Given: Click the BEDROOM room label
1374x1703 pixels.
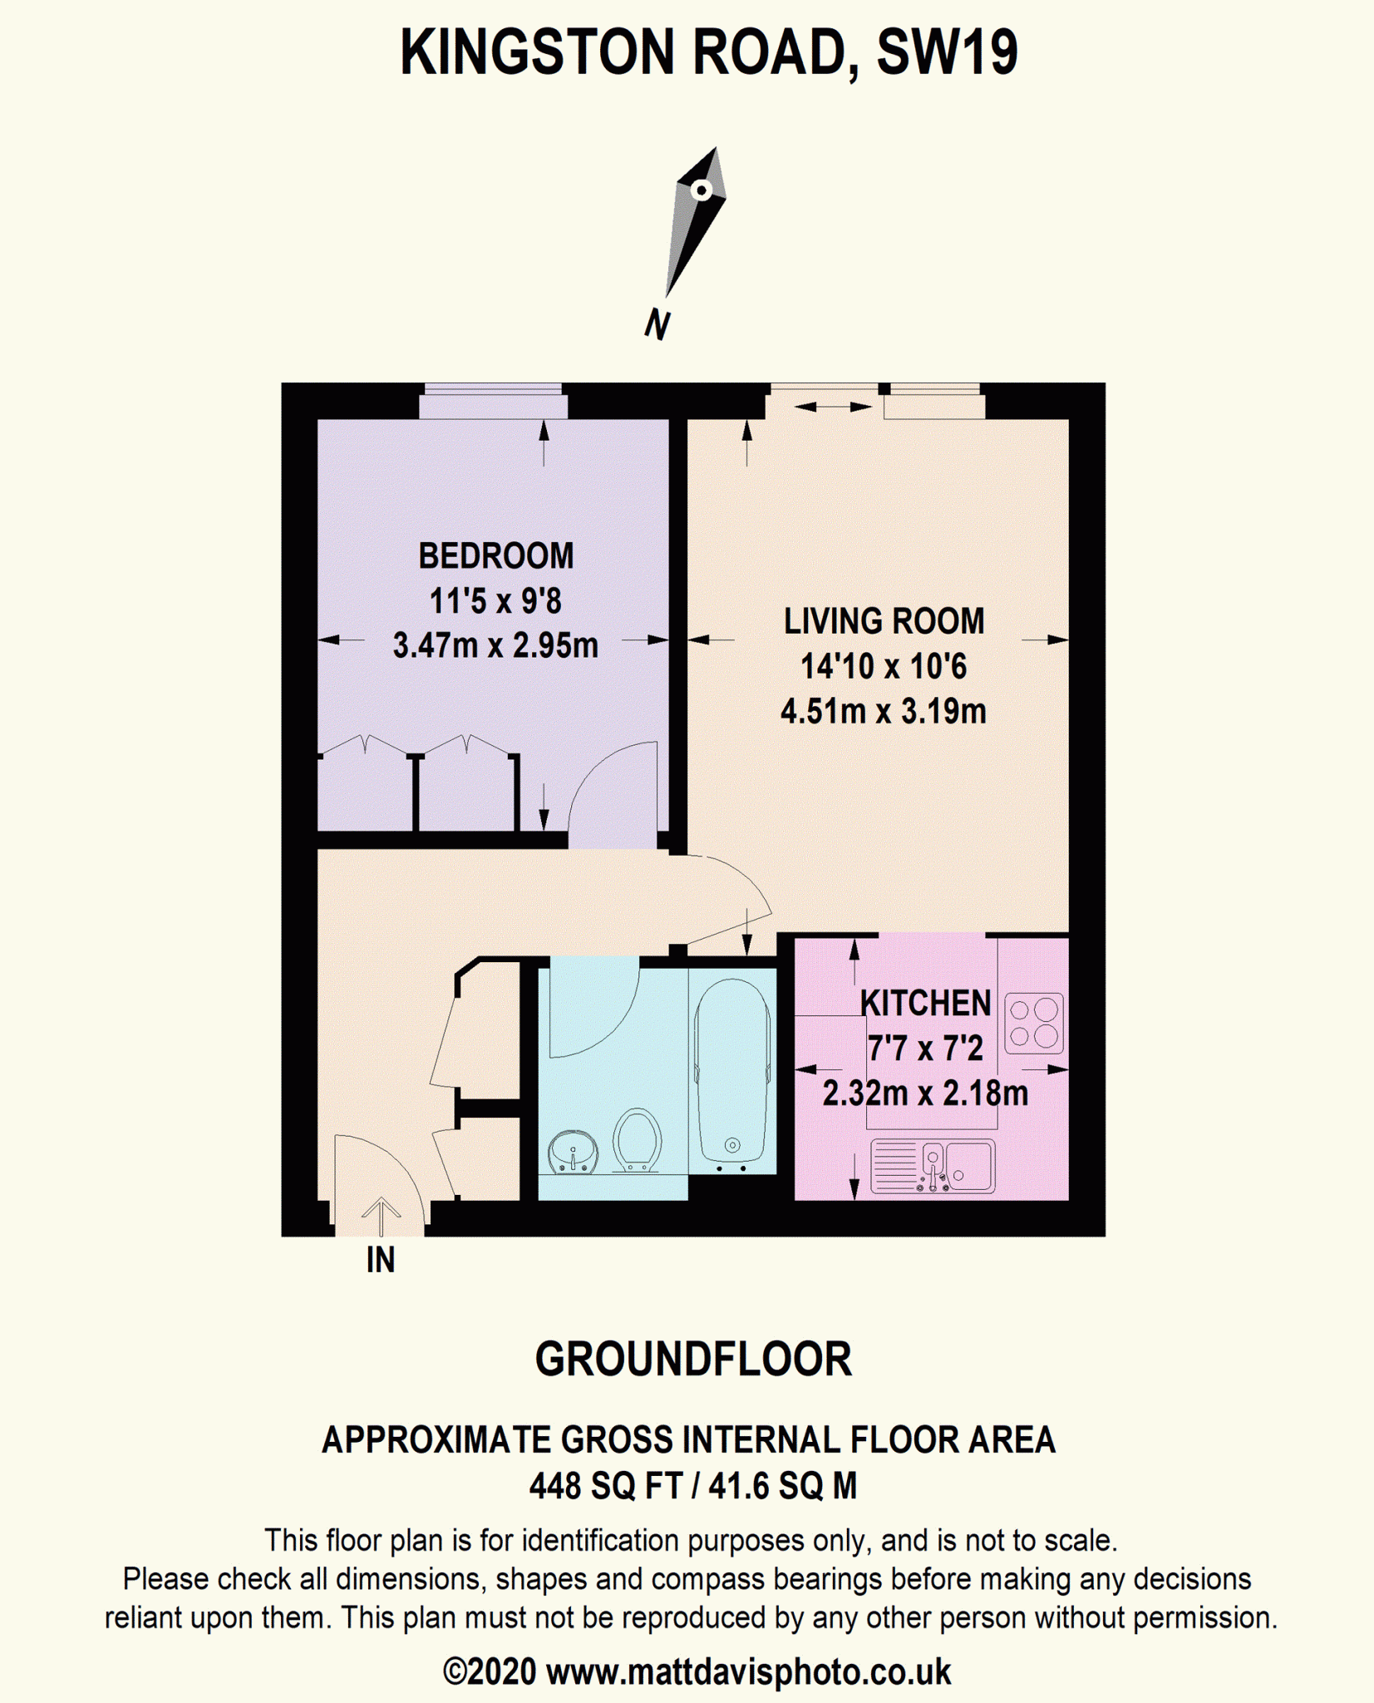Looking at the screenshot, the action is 495,556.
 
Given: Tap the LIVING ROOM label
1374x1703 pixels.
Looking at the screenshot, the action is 884,621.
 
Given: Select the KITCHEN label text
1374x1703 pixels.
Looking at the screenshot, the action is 925,1003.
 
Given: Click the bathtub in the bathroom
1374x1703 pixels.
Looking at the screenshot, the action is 732,1070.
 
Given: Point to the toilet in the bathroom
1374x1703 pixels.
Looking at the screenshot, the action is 637,1139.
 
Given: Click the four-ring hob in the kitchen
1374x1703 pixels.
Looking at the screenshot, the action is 1034,1024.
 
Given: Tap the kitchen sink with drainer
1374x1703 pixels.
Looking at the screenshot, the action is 933,1166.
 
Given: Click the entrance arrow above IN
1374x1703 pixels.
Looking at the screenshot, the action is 381,1217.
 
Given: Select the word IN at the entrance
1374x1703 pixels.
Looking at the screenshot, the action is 381,1261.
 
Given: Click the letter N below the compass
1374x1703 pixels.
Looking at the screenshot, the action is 657,323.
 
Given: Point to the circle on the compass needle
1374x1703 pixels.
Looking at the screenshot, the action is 702,190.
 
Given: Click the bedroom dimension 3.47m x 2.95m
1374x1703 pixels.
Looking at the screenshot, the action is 495,645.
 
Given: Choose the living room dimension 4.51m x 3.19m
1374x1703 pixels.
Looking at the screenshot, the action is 884,711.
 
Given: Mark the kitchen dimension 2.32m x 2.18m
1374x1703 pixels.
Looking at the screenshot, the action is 925,1093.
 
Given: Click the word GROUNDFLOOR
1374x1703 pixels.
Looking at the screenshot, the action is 693,1360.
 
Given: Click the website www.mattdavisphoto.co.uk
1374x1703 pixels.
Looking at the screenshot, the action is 748,1671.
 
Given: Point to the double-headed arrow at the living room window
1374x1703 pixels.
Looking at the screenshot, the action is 834,407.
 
